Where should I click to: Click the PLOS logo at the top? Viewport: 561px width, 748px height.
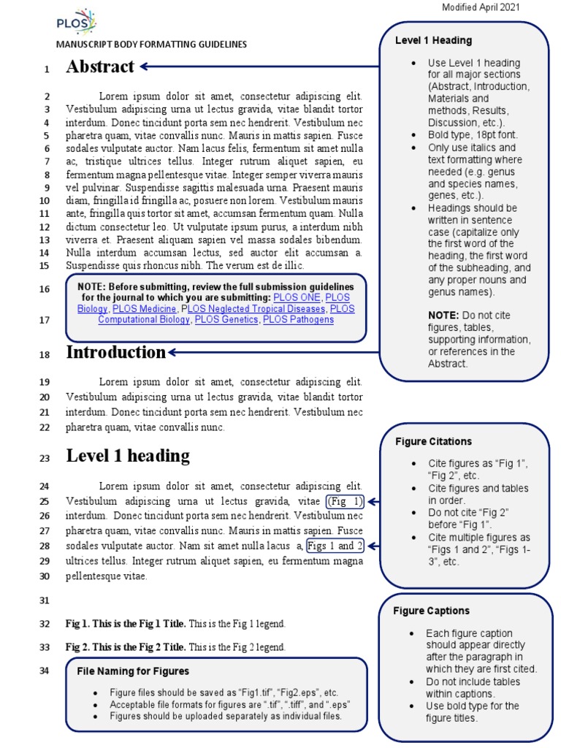pyautogui.click(x=76, y=21)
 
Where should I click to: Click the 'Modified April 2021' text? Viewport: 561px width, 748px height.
pyautogui.click(x=481, y=7)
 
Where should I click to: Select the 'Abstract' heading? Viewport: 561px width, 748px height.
pyautogui.click(x=100, y=67)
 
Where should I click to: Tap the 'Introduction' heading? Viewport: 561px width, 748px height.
pyautogui.click(x=116, y=352)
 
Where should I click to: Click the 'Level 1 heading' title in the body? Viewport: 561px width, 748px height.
pyautogui.click(x=128, y=456)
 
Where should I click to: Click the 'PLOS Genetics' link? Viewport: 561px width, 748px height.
pyautogui.click(x=226, y=320)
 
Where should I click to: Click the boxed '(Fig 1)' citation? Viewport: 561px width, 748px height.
pyautogui.click(x=345, y=501)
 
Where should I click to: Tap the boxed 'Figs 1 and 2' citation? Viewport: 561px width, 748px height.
pyautogui.click(x=335, y=546)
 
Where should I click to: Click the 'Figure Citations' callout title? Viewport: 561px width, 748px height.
pyautogui.click(x=433, y=441)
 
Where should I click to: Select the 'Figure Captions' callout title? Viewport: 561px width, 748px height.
pyautogui.click(x=431, y=611)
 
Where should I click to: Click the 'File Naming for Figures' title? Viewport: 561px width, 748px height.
pyautogui.click(x=133, y=671)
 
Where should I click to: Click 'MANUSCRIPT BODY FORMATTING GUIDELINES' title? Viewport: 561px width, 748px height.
pyautogui.click(x=151, y=45)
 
